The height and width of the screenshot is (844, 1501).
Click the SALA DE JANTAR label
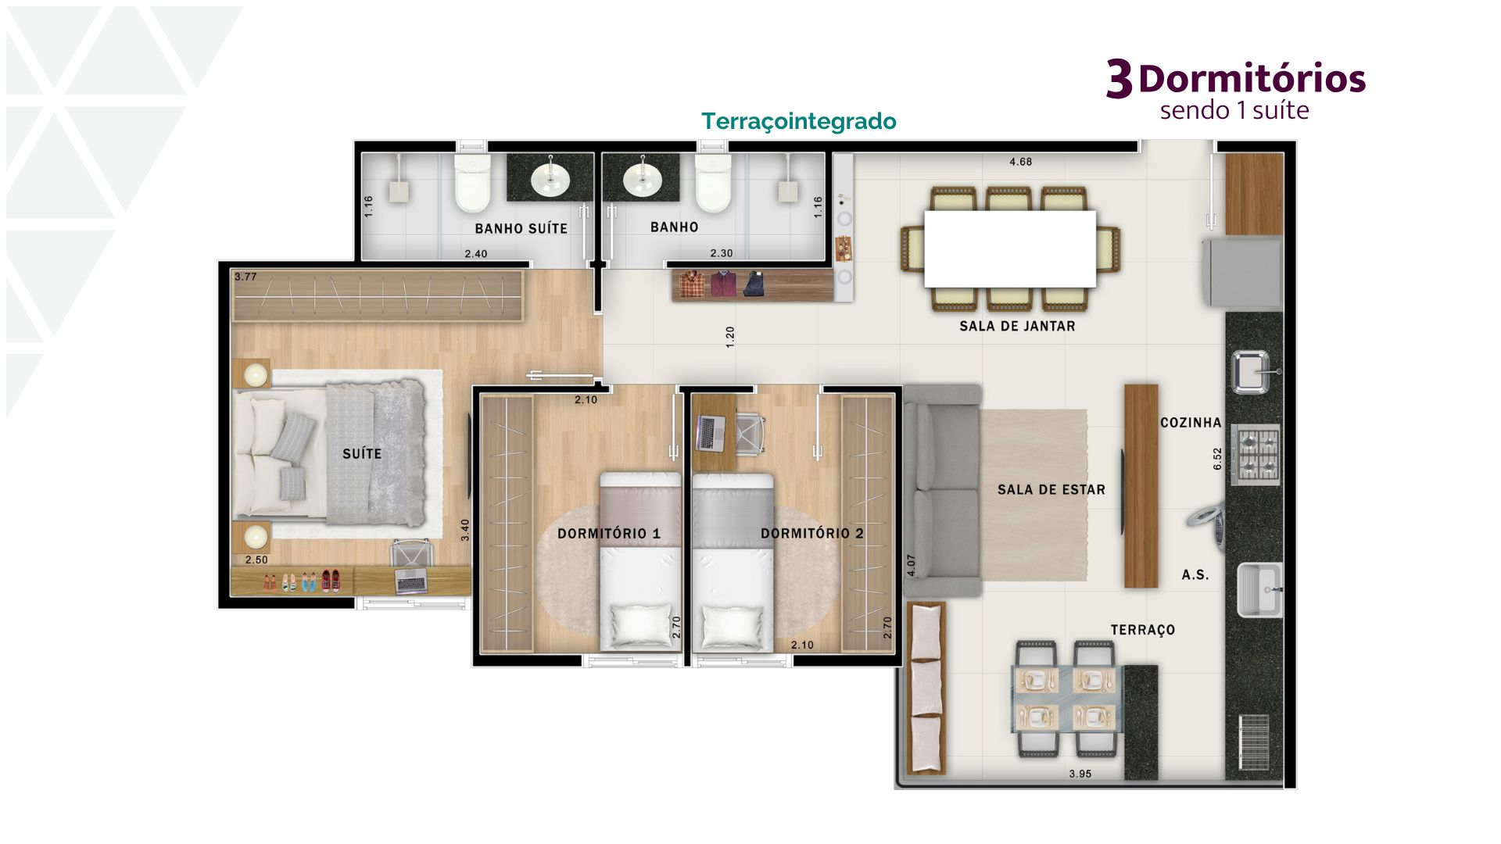(1017, 327)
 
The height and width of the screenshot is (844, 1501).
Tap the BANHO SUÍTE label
(521, 228)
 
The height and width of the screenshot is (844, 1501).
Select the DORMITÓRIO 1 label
(609, 534)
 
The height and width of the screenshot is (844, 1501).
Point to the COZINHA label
(1190, 423)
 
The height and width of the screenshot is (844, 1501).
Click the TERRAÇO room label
(1142, 630)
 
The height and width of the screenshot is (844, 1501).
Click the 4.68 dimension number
(1020, 162)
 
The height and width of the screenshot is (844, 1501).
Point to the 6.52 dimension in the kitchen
(1217, 459)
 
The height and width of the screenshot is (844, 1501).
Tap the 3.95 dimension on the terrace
(1080, 774)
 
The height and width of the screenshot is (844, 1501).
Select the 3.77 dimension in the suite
(245, 277)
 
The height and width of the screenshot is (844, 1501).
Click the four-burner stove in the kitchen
(1256, 454)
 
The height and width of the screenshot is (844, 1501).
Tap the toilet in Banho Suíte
(472, 182)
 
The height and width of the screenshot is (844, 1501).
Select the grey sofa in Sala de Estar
(942, 491)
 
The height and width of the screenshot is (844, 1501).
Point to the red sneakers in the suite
(331, 581)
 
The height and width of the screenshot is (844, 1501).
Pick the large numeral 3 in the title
(1119, 80)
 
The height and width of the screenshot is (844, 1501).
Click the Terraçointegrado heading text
(798, 122)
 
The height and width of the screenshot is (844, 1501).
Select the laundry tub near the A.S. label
(1259, 589)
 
